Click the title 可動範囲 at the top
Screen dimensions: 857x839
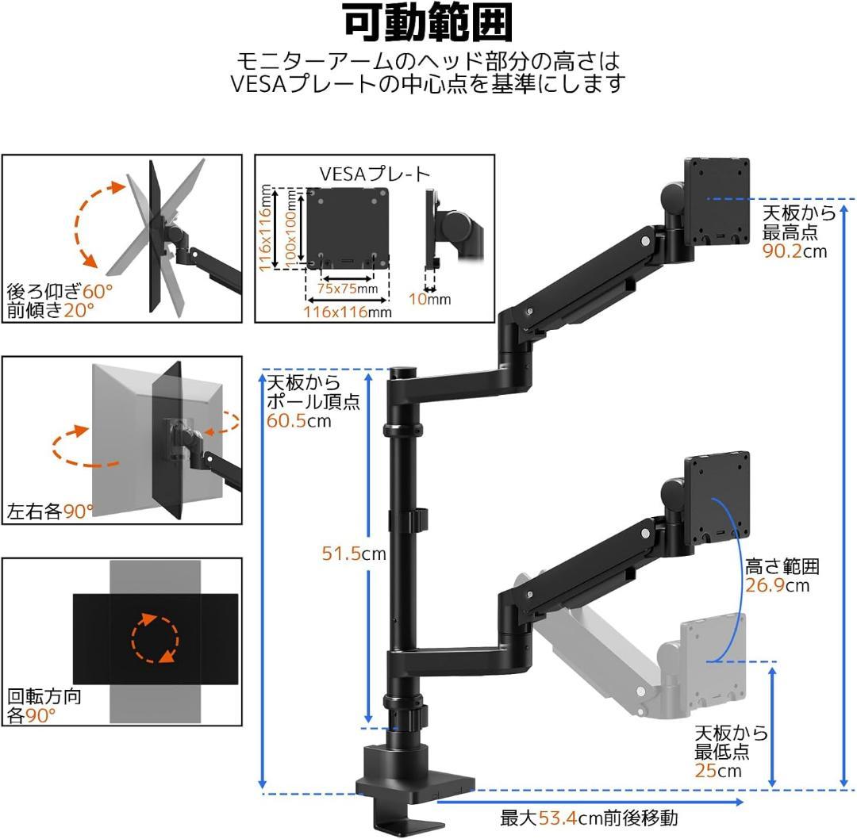(x=428, y=24)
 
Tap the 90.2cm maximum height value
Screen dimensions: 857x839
(x=794, y=251)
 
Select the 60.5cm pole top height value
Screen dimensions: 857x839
(x=299, y=420)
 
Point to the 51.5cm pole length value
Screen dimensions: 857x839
(x=354, y=554)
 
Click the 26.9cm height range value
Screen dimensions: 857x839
(x=777, y=585)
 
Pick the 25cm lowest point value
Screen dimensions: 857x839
(x=718, y=771)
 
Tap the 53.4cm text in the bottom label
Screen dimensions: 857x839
(x=558, y=818)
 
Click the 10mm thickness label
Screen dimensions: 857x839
(x=430, y=299)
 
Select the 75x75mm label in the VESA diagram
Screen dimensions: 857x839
(x=348, y=289)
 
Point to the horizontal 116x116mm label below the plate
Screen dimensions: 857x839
(x=348, y=312)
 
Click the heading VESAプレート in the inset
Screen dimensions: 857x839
(x=375, y=174)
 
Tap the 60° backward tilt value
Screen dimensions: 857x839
(x=98, y=291)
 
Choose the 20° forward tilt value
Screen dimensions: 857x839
(x=79, y=310)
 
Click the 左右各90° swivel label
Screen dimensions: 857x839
(x=50, y=511)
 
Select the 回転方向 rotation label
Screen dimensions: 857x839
(x=44, y=696)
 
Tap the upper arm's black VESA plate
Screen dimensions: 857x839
(x=717, y=201)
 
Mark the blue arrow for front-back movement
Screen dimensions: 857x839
(x=590, y=802)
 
